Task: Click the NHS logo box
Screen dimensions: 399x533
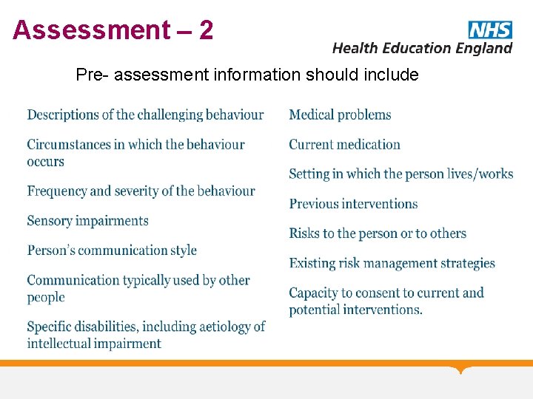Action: (489, 30)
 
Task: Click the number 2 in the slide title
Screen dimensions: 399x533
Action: (206, 30)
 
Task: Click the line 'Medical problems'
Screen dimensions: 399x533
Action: (340, 115)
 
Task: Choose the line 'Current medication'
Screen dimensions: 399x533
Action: (344, 144)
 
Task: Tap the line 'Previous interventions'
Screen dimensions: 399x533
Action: (353, 204)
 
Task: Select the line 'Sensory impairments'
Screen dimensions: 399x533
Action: (87, 221)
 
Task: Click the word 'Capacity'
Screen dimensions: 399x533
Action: (313, 293)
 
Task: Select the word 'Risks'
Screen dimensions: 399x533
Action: (304, 233)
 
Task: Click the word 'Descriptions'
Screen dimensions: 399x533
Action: (63, 115)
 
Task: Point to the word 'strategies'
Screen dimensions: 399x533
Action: (464, 263)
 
